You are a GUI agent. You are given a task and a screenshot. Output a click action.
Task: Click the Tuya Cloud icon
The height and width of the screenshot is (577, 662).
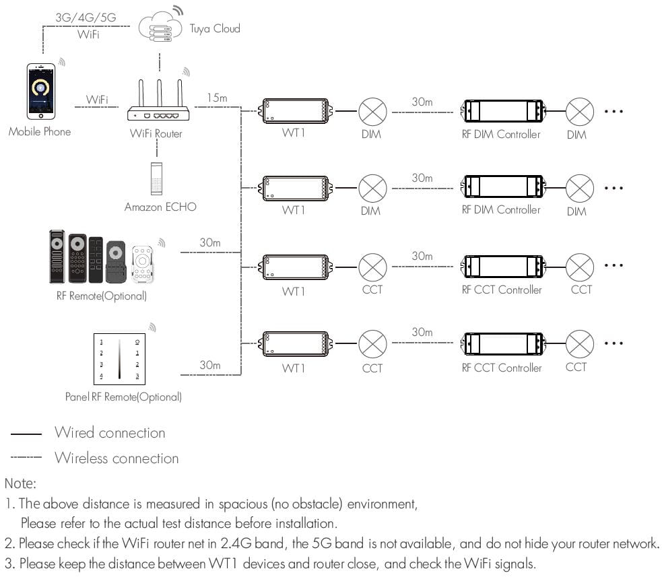point(160,29)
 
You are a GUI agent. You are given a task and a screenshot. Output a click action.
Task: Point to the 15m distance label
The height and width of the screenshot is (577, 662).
point(217,98)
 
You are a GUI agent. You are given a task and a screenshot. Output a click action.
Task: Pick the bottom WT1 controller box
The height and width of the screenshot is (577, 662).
point(294,345)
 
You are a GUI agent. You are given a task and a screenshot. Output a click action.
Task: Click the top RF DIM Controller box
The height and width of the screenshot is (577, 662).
point(502,110)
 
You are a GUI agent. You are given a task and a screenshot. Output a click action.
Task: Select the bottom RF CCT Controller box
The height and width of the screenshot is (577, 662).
point(502,345)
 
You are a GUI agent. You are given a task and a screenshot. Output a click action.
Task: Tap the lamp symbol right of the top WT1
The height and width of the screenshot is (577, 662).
point(372,110)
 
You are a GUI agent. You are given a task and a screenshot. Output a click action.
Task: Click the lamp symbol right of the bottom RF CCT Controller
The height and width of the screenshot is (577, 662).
point(579,345)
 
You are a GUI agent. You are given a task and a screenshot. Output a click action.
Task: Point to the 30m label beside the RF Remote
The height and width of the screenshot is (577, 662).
point(209,242)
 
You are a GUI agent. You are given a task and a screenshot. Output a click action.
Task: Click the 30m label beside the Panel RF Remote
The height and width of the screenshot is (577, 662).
point(209,365)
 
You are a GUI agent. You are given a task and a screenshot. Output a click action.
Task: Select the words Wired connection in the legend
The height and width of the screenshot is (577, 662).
point(110,433)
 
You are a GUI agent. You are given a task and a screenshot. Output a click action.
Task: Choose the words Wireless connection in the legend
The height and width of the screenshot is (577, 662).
point(117,459)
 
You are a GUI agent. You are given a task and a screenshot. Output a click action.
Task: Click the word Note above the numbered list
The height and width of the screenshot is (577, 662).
point(20,483)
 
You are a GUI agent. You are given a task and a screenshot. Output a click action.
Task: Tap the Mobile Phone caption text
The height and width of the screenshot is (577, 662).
point(39,132)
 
